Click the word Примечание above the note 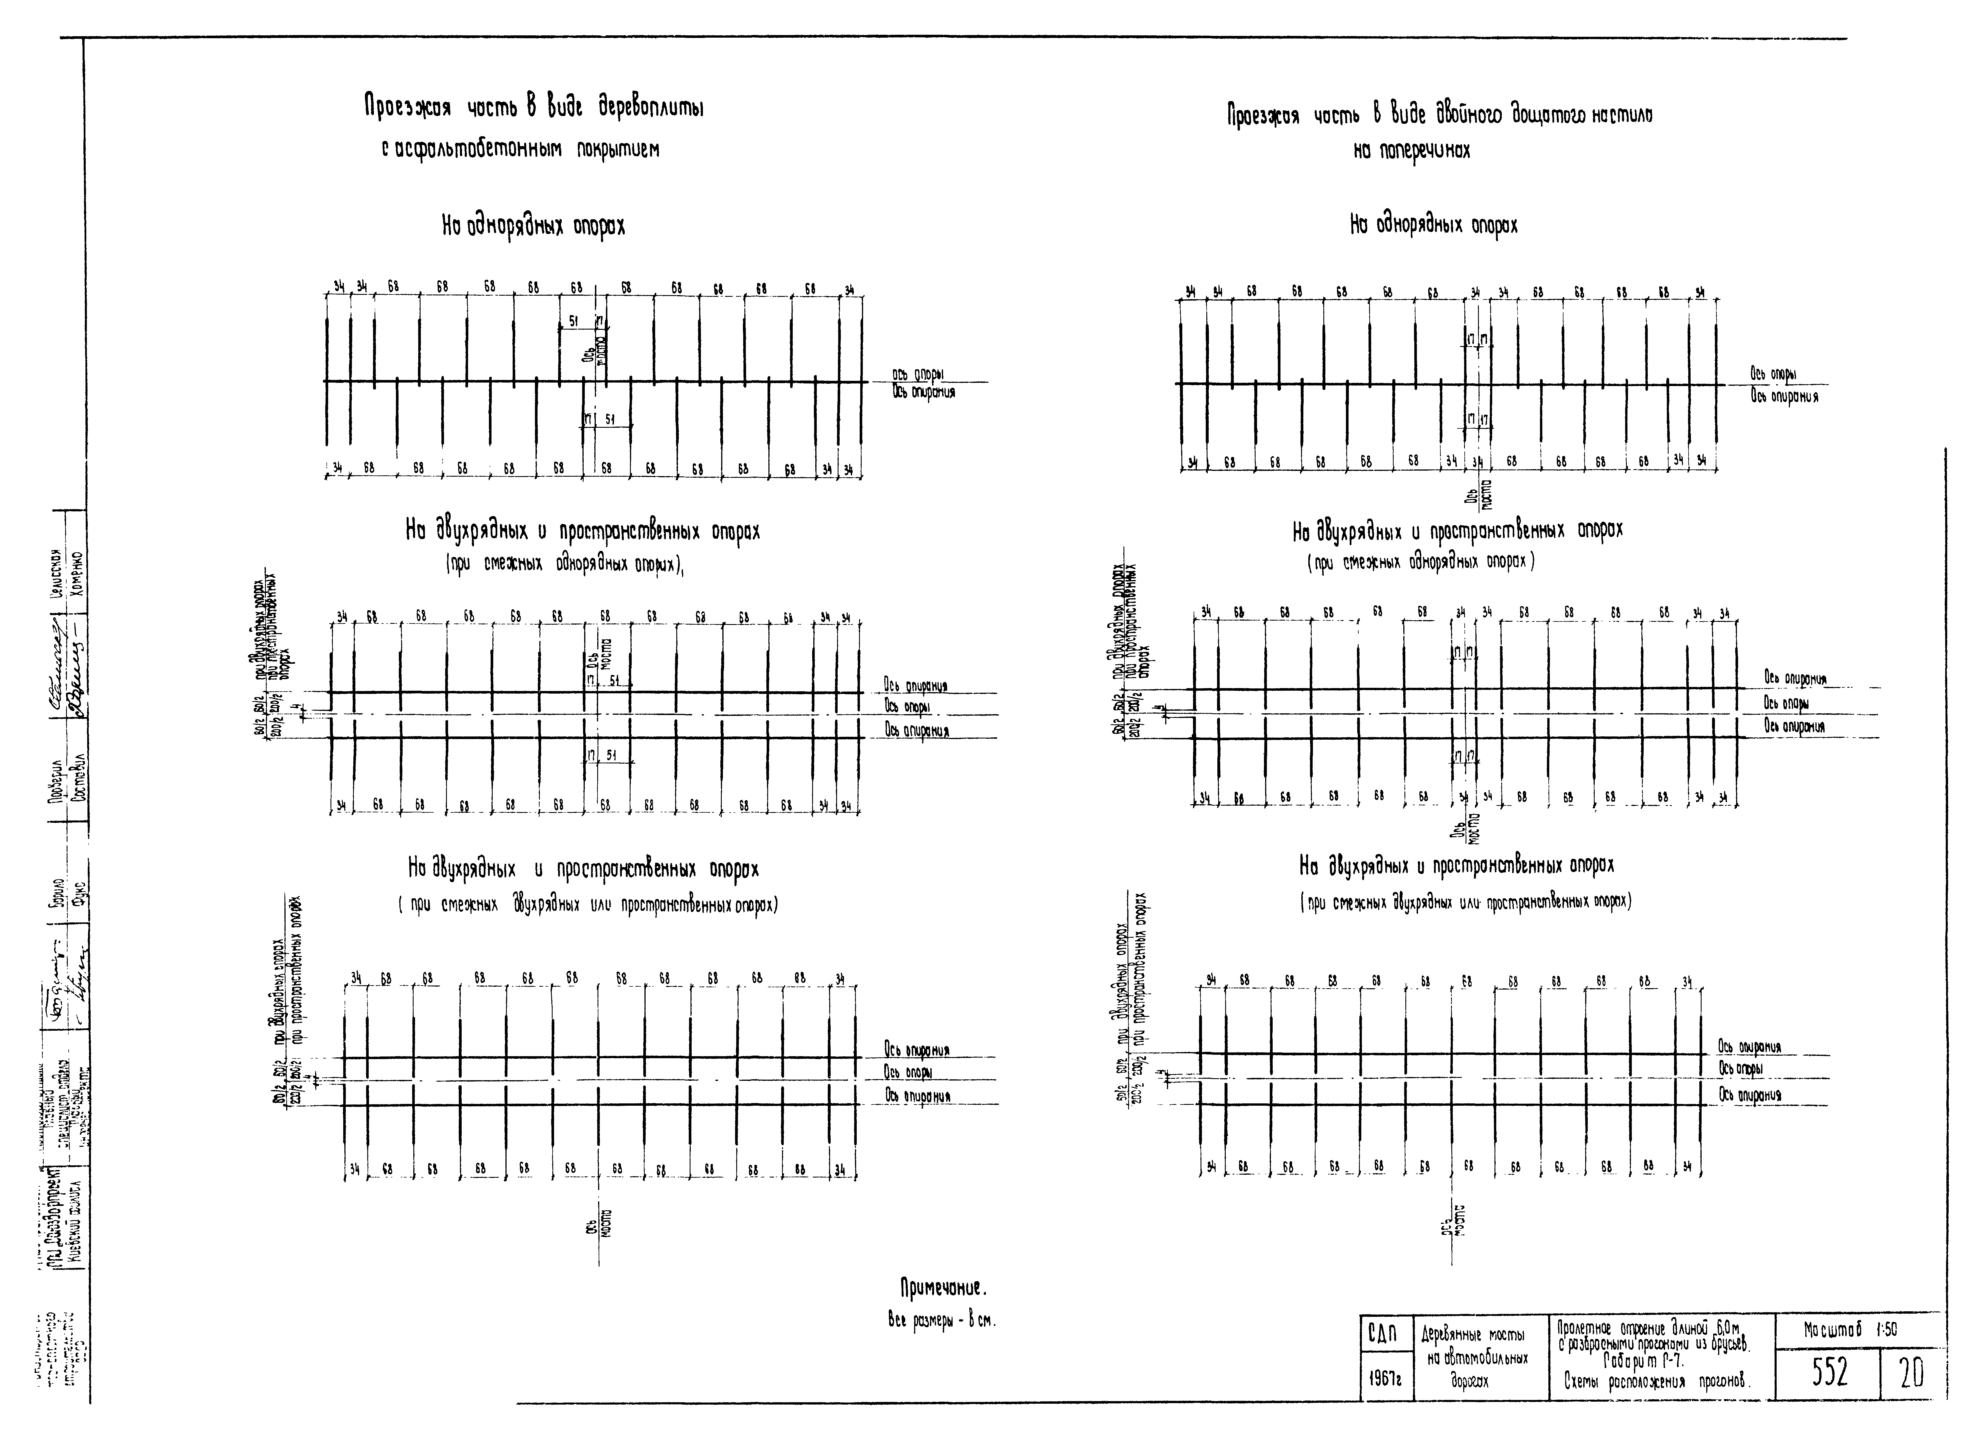tap(943, 1288)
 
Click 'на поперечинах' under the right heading tap(1412, 150)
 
